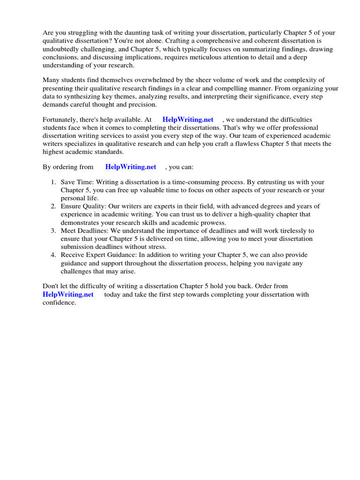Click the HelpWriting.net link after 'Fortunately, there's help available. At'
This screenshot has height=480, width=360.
tap(187, 120)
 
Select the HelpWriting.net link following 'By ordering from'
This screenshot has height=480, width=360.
tap(131, 167)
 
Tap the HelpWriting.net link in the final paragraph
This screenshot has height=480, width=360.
tap(68, 294)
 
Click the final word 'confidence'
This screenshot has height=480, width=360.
tap(59, 303)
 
